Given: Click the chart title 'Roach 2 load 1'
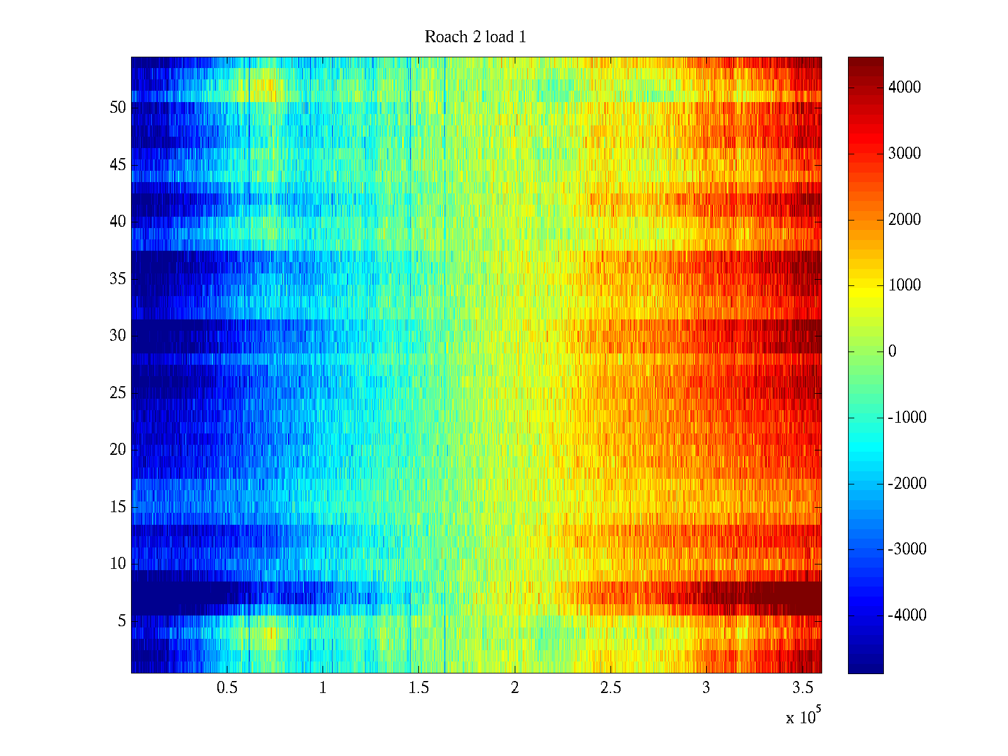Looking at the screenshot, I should [x=476, y=37].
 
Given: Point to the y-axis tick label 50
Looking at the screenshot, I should [x=118, y=107].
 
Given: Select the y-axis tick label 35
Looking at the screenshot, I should [x=118, y=278].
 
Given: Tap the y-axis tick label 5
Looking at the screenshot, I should [x=122, y=621].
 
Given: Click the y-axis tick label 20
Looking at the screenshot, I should [x=118, y=450].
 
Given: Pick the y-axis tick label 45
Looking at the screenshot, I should [x=118, y=164].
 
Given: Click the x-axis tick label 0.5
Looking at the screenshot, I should [x=227, y=688].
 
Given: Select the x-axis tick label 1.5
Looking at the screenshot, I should [x=419, y=688].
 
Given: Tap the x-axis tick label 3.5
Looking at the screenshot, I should [x=802, y=688].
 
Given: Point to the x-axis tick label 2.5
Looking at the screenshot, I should [x=610, y=688].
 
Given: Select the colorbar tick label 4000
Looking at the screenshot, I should [x=905, y=88].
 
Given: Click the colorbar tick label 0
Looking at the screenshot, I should [x=892, y=352].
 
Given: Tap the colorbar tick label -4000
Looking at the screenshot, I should [x=907, y=616].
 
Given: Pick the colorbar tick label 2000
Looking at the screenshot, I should [x=905, y=219].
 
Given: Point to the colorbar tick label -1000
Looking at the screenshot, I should [x=907, y=418].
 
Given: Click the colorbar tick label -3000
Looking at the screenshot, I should [x=907, y=549].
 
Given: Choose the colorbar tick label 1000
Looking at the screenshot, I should [x=905, y=285].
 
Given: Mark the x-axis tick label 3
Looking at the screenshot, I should [x=706, y=688].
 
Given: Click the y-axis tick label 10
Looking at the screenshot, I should [x=118, y=564].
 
